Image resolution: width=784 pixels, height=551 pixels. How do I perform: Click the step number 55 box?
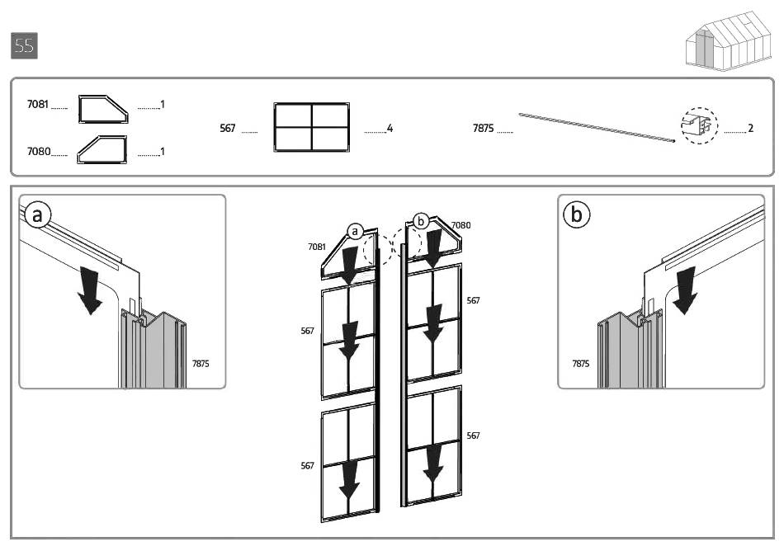pos(25,46)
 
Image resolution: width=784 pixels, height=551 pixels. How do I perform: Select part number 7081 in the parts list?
pos(38,105)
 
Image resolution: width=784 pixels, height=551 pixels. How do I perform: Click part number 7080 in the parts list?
pos(38,152)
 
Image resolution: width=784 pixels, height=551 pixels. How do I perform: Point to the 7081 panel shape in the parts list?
pos(102,107)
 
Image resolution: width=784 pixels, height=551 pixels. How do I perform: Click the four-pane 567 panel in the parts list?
pos(312,127)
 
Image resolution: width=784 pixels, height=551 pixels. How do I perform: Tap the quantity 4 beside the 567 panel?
pos(390,129)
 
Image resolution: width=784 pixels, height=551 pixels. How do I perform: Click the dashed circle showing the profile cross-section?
pos(700,126)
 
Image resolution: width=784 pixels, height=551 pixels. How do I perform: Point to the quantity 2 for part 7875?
pos(750,129)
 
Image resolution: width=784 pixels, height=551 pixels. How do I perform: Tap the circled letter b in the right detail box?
pos(576,215)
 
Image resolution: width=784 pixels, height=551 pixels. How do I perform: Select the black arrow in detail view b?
pos(684,290)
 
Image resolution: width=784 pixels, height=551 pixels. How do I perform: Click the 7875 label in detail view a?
pos(201,363)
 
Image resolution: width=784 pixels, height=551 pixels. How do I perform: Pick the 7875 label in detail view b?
pos(580,363)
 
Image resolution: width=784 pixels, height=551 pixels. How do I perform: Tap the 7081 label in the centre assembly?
pos(316,247)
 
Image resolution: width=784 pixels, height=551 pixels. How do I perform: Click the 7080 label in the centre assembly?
pos(460,225)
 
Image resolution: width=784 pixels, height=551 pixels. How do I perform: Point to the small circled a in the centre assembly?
pos(355,232)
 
